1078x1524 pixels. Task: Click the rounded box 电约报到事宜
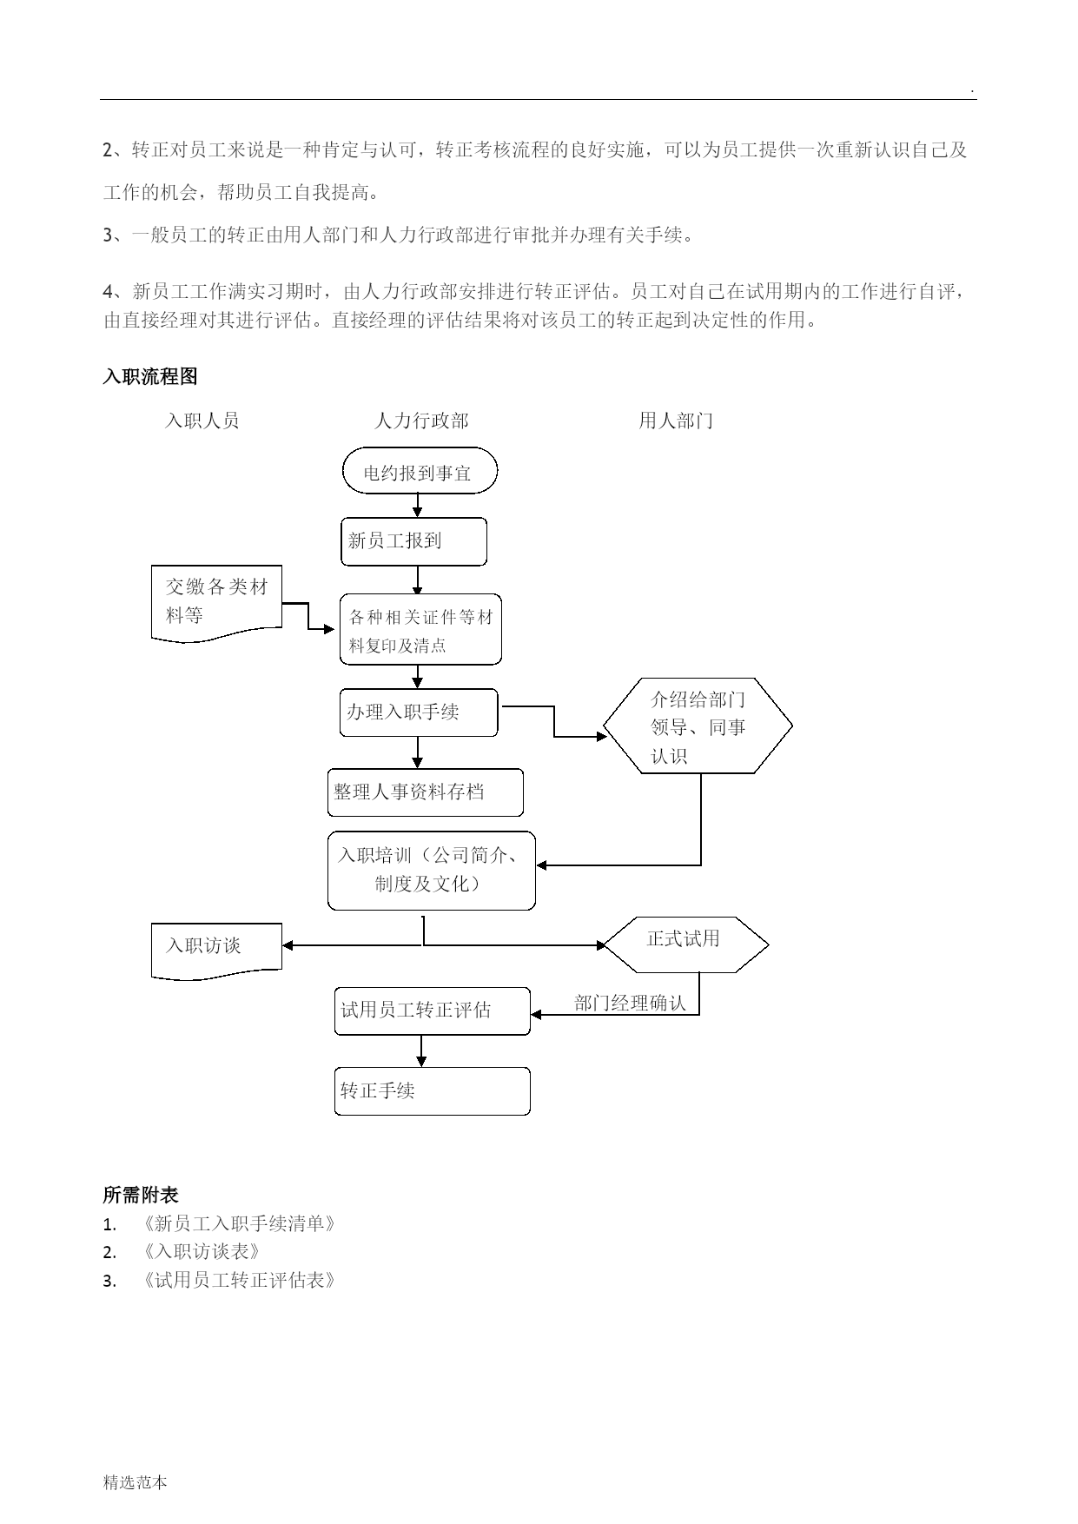[x=420, y=471]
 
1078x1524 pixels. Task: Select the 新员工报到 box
[x=413, y=542]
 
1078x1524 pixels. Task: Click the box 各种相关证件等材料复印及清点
[x=420, y=630]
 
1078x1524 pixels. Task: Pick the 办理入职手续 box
[x=419, y=712]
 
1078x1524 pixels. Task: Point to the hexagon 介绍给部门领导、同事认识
[x=698, y=726]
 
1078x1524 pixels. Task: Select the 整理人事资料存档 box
[x=426, y=792]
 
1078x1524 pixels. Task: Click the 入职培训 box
[x=432, y=871]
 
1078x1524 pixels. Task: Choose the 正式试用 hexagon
[x=685, y=944]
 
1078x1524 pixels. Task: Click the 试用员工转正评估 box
[x=433, y=1010]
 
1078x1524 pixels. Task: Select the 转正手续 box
[x=433, y=1091]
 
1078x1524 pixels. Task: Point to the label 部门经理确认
[x=630, y=1004]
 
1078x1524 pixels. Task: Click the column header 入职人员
[x=202, y=421]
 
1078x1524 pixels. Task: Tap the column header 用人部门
[x=676, y=421]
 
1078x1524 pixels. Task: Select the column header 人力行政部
[x=421, y=421]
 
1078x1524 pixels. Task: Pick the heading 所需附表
[x=141, y=1196]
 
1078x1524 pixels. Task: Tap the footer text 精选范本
[x=135, y=1482]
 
